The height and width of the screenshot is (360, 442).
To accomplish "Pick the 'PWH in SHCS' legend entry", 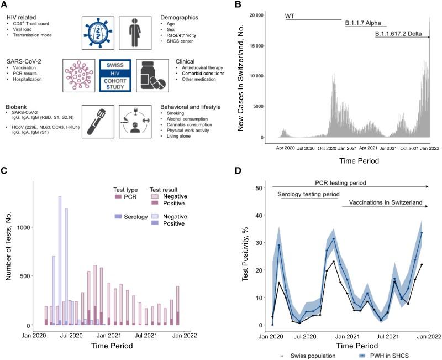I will pyautogui.click(x=391, y=355).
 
